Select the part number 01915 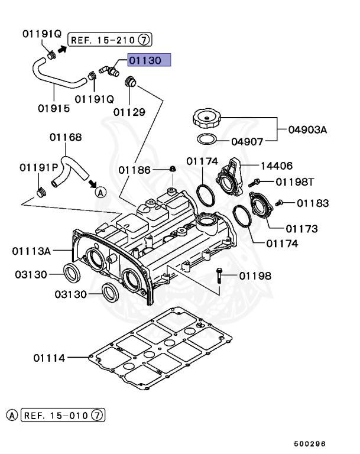54,108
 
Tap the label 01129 129,111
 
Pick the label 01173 302,228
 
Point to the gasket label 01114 49,358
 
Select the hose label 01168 66,137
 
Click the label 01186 134,170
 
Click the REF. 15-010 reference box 63,415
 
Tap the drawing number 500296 311,443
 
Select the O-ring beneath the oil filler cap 205,140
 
